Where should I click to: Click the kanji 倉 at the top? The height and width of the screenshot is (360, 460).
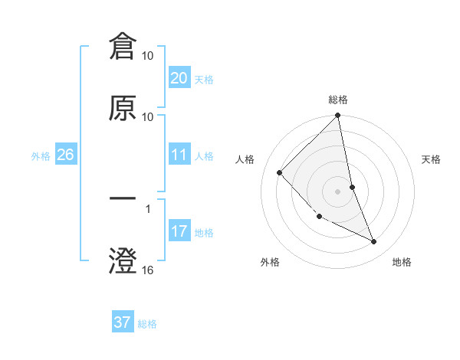[123, 47]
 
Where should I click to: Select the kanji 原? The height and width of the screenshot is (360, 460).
[123, 109]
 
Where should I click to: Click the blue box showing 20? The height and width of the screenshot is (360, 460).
[179, 78]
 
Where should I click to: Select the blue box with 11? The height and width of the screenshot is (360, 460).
[179, 155]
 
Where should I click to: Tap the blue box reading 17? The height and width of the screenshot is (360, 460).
[179, 231]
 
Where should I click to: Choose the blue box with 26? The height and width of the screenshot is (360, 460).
[65, 155]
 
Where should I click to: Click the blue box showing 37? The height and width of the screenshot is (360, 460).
[123, 322]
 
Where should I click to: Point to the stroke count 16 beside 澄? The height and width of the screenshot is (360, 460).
[148, 270]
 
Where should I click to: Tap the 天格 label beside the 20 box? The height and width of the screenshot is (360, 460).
[203, 80]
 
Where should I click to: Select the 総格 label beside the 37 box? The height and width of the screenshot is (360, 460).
[147, 324]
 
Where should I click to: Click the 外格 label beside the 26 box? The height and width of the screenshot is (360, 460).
[41, 156]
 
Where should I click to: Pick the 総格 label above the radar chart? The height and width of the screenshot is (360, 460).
[338, 100]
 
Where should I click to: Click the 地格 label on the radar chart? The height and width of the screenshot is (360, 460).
[402, 262]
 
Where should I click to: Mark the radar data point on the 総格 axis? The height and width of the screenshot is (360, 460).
[337, 116]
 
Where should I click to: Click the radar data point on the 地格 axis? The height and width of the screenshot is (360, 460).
[374, 241]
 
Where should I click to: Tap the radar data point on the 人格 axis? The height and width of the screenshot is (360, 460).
[280, 172]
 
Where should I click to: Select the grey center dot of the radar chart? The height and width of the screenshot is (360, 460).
[337, 191]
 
